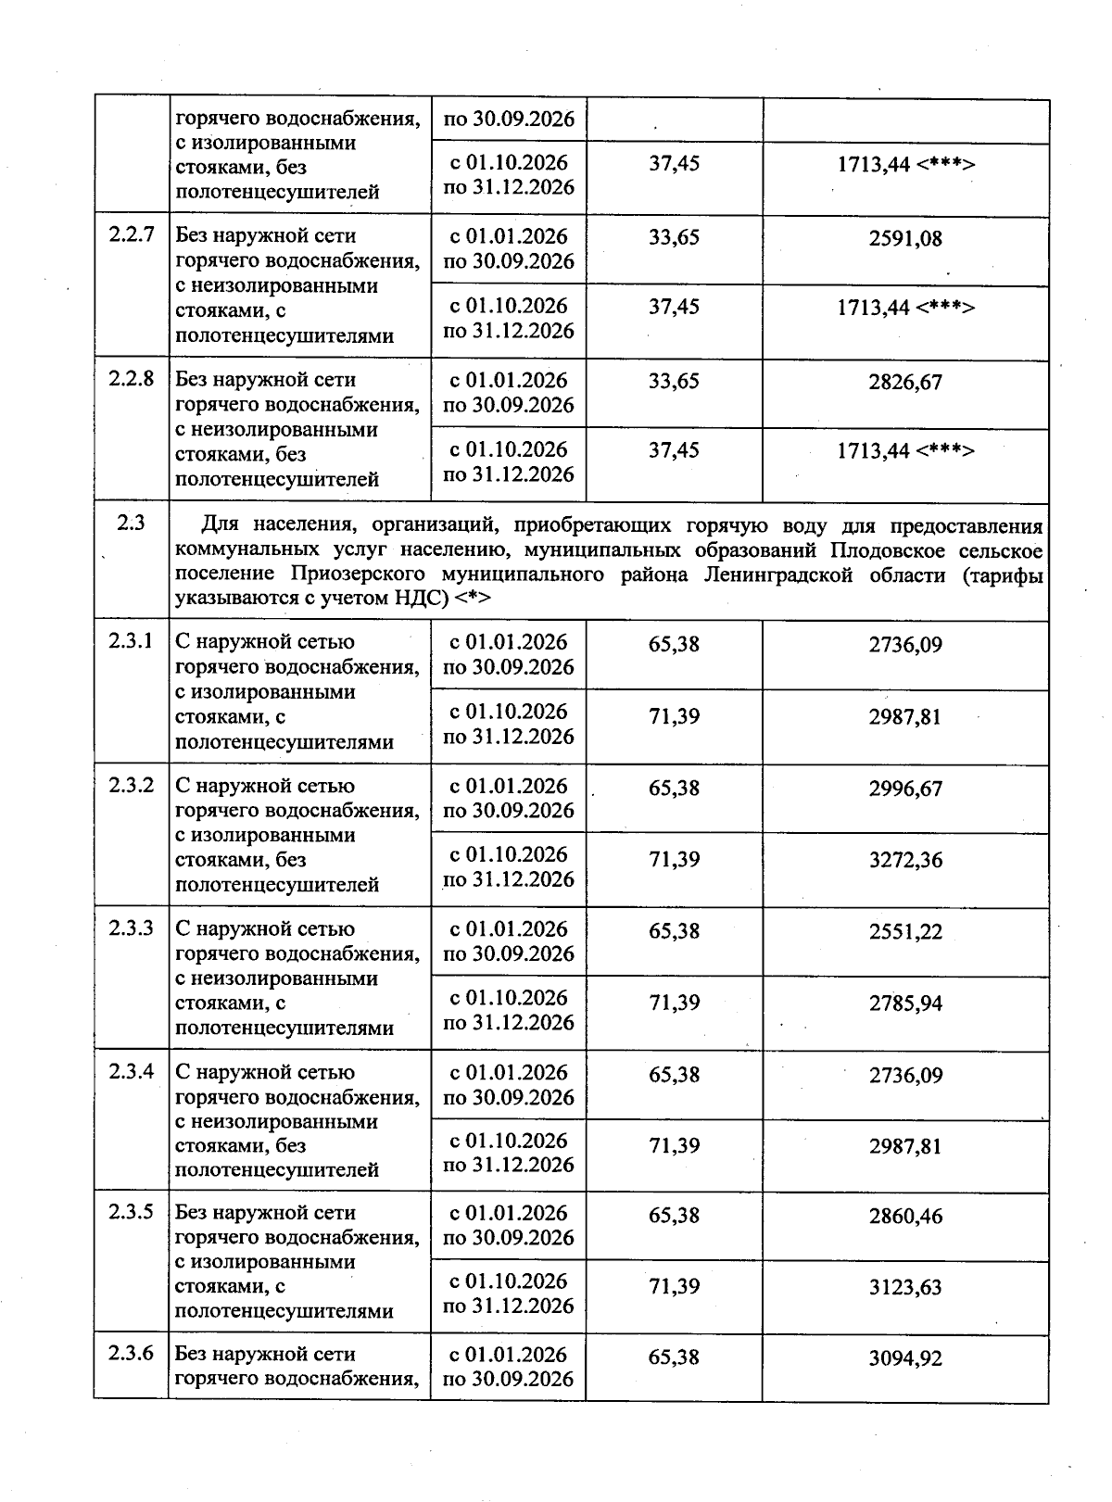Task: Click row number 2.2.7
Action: click(131, 235)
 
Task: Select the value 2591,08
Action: click(904, 239)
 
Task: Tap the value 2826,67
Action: click(904, 382)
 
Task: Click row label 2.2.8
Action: click(131, 379)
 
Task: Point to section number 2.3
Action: click(131, 523)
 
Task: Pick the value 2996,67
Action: click(904, 789)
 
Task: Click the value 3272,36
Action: click(904, 860)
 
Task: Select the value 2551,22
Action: click(904, 932)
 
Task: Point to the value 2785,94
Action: click(904, 1003)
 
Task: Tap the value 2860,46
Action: click(904, 1216)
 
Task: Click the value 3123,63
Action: click(904, 1287)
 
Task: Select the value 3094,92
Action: click(904, 1359)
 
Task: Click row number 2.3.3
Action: click(131, 928)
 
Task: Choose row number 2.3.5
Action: click(131, 1212)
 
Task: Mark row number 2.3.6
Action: click(131, 1354)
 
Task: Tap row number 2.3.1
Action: click(131, 641)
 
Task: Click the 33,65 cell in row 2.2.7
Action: click(674, 237)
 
